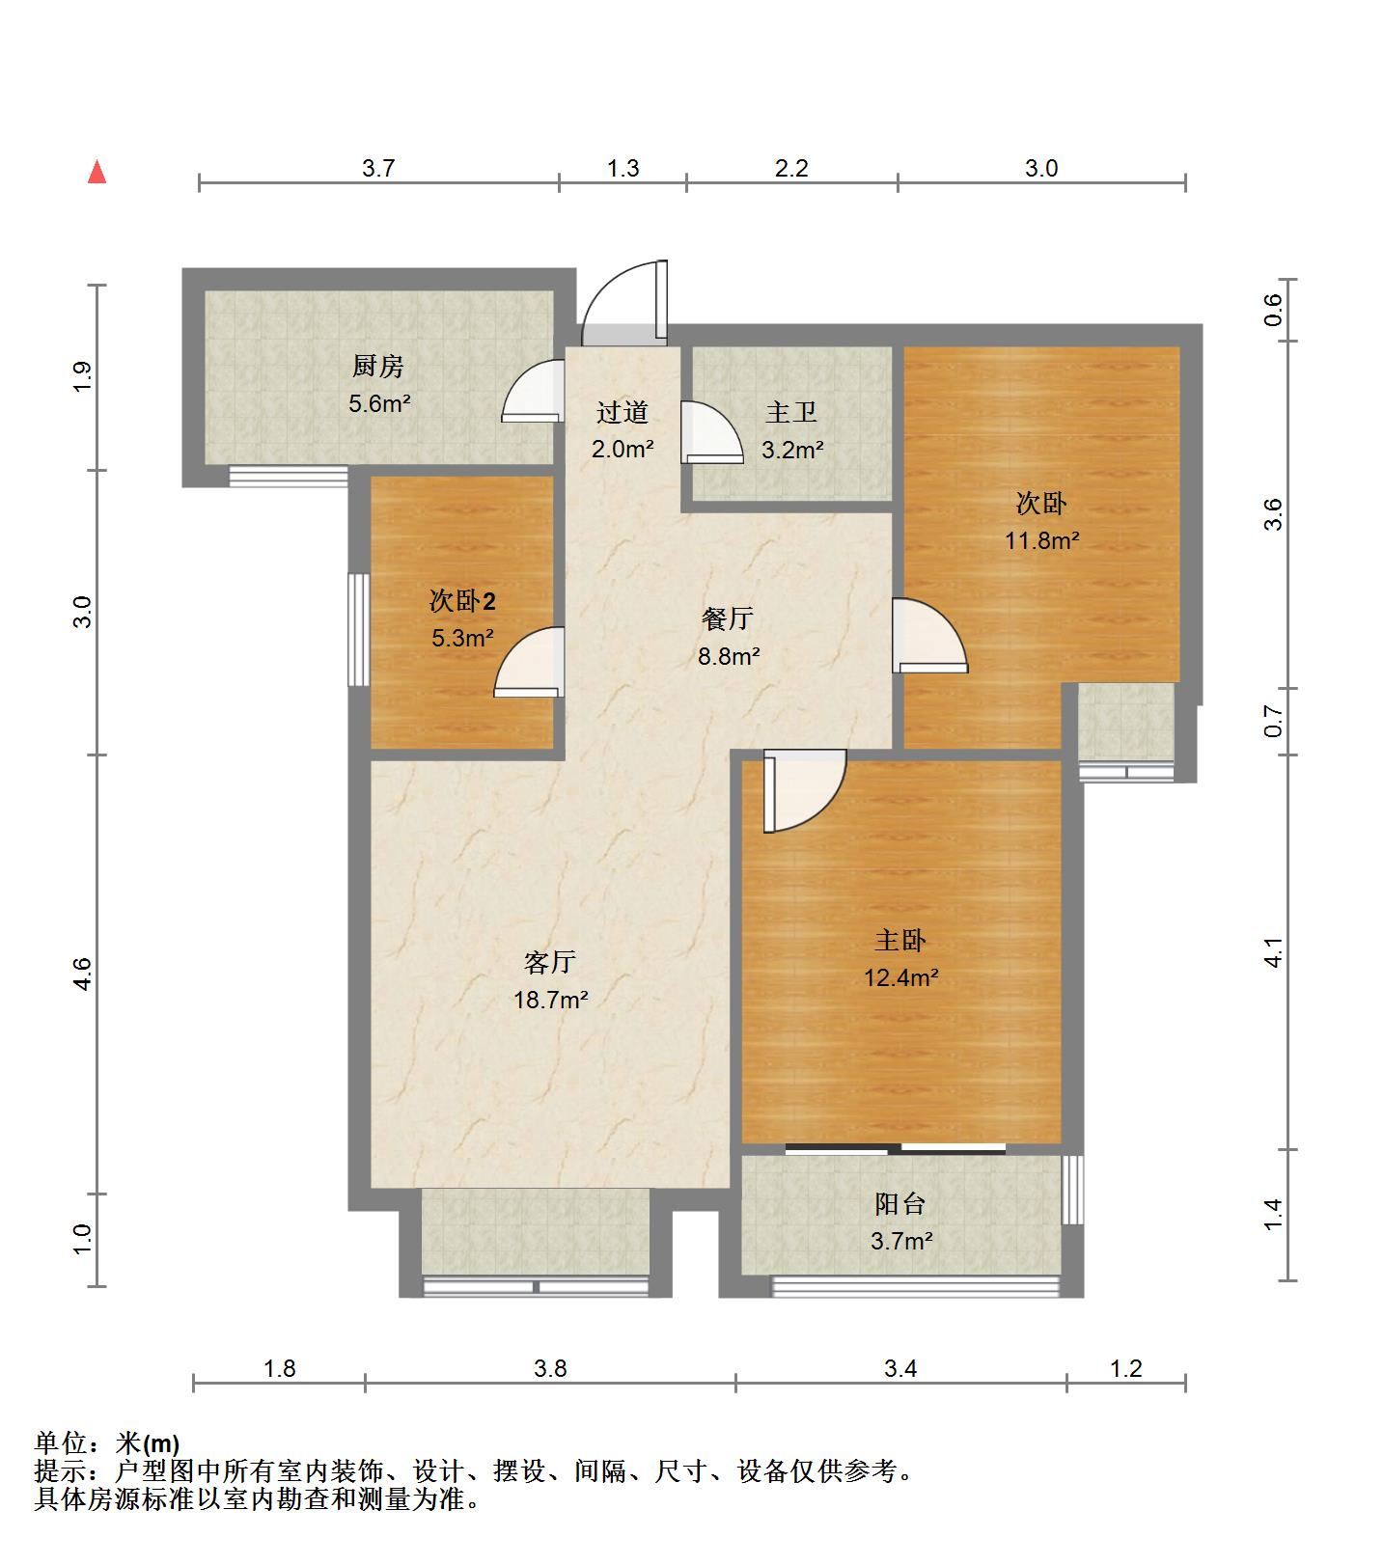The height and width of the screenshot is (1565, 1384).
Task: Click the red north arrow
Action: click(x=97, y=172)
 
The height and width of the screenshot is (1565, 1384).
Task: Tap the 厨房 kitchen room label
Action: click(x=377, y=367)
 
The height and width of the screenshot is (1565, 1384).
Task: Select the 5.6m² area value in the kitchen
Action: click(x=379, y=403)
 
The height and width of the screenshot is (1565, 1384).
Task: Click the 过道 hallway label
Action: click(x=622, y=413)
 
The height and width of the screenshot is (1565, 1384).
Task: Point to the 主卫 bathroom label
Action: click(x=791, y=413)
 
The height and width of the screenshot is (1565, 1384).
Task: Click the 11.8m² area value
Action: click(x=1041, y=540)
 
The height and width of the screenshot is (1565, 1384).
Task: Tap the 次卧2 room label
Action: click(x=462, y=601)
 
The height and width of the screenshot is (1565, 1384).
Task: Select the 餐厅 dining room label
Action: click(x=728, y=618)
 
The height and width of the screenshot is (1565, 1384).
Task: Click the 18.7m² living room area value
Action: click(x=550, y=1000)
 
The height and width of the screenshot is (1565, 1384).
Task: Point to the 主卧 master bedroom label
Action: click(x=900, y=940)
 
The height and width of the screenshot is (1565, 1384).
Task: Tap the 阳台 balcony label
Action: click(x=900, y=1203)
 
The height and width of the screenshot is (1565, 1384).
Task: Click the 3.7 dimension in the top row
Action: click(x=378, y=169)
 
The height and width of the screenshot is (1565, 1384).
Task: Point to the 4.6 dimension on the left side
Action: click(x=83, y=974)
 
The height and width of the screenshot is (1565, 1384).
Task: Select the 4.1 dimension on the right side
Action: click(x=1274, y=952)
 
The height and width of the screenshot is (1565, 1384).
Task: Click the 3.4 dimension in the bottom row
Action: click(x=900, y=1368)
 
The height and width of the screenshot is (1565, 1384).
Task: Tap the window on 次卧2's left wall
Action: click(x=358, y=630)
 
